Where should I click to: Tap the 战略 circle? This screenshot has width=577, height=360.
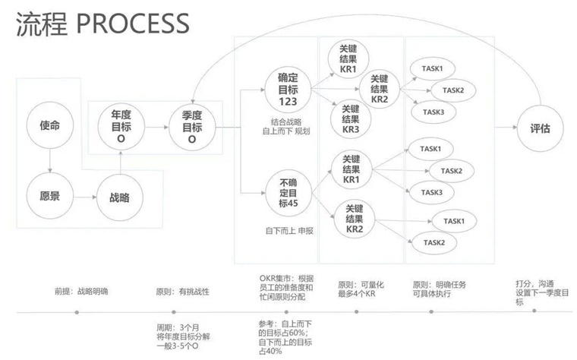[119, 197]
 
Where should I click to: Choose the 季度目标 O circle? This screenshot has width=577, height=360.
[192, 128]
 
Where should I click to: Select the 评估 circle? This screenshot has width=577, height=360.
[541, 128]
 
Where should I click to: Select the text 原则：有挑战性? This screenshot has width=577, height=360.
[182, 291]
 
